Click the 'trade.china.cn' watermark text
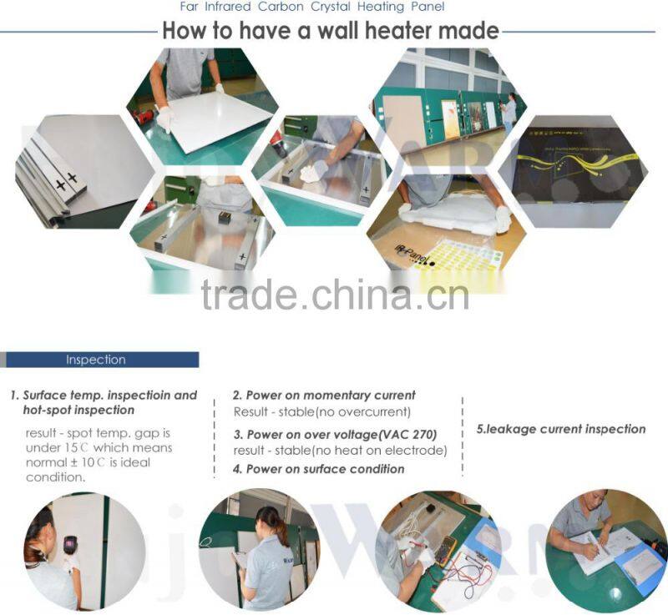[x=335, y=295]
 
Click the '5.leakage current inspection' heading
[x=560, y=429]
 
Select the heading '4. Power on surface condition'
[x=318, y=469]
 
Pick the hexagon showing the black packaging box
[x=572, y=170]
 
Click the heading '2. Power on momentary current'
[x=324, y=395]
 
